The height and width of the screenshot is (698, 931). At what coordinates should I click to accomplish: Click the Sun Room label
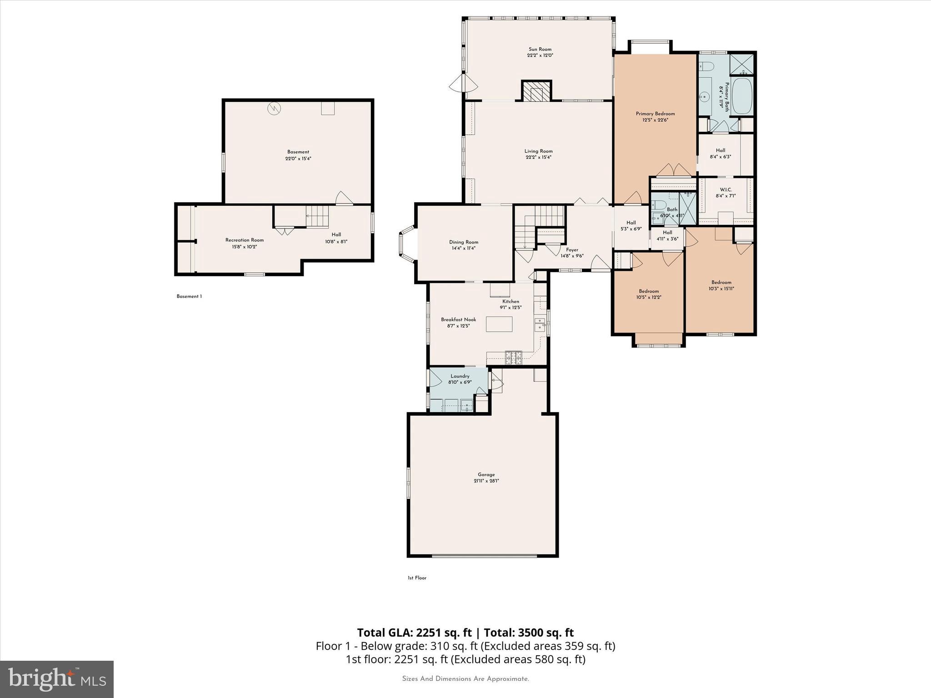tap(540, 49)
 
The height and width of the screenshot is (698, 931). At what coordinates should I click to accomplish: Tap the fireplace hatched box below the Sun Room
tap(536, 92)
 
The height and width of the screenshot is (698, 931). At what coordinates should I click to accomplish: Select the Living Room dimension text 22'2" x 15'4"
tap(538, 158)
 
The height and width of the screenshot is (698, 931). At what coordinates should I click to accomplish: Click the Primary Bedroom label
tap(655, 114)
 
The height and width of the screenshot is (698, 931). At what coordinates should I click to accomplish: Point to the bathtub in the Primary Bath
tap(742, 96)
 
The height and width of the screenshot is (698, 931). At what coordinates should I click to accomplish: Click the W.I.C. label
tap(726, 189)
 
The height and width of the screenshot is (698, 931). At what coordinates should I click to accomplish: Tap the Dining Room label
tap(464, 242)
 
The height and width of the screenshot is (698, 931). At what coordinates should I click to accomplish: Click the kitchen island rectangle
tap(499, 324)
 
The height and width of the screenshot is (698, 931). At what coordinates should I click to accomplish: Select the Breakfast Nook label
tap(458, 319)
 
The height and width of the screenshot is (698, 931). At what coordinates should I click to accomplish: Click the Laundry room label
tap(460, 376)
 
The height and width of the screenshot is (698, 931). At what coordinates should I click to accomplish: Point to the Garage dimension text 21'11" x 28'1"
tap(486, 481)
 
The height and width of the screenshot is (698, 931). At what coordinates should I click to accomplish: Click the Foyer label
tap(572, 250)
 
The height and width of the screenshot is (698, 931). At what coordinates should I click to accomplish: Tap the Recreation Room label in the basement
tap(244, 240)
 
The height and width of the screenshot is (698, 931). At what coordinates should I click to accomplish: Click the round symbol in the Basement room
tap(274, 108)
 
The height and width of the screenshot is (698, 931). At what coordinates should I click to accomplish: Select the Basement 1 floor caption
tap(189, 296)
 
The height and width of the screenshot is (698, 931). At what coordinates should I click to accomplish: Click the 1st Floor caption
tap(417, 578)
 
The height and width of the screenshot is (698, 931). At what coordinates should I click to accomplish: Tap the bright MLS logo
tap(57, 679)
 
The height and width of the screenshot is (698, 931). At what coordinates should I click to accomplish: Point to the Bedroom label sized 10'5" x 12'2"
tap(649, 291)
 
